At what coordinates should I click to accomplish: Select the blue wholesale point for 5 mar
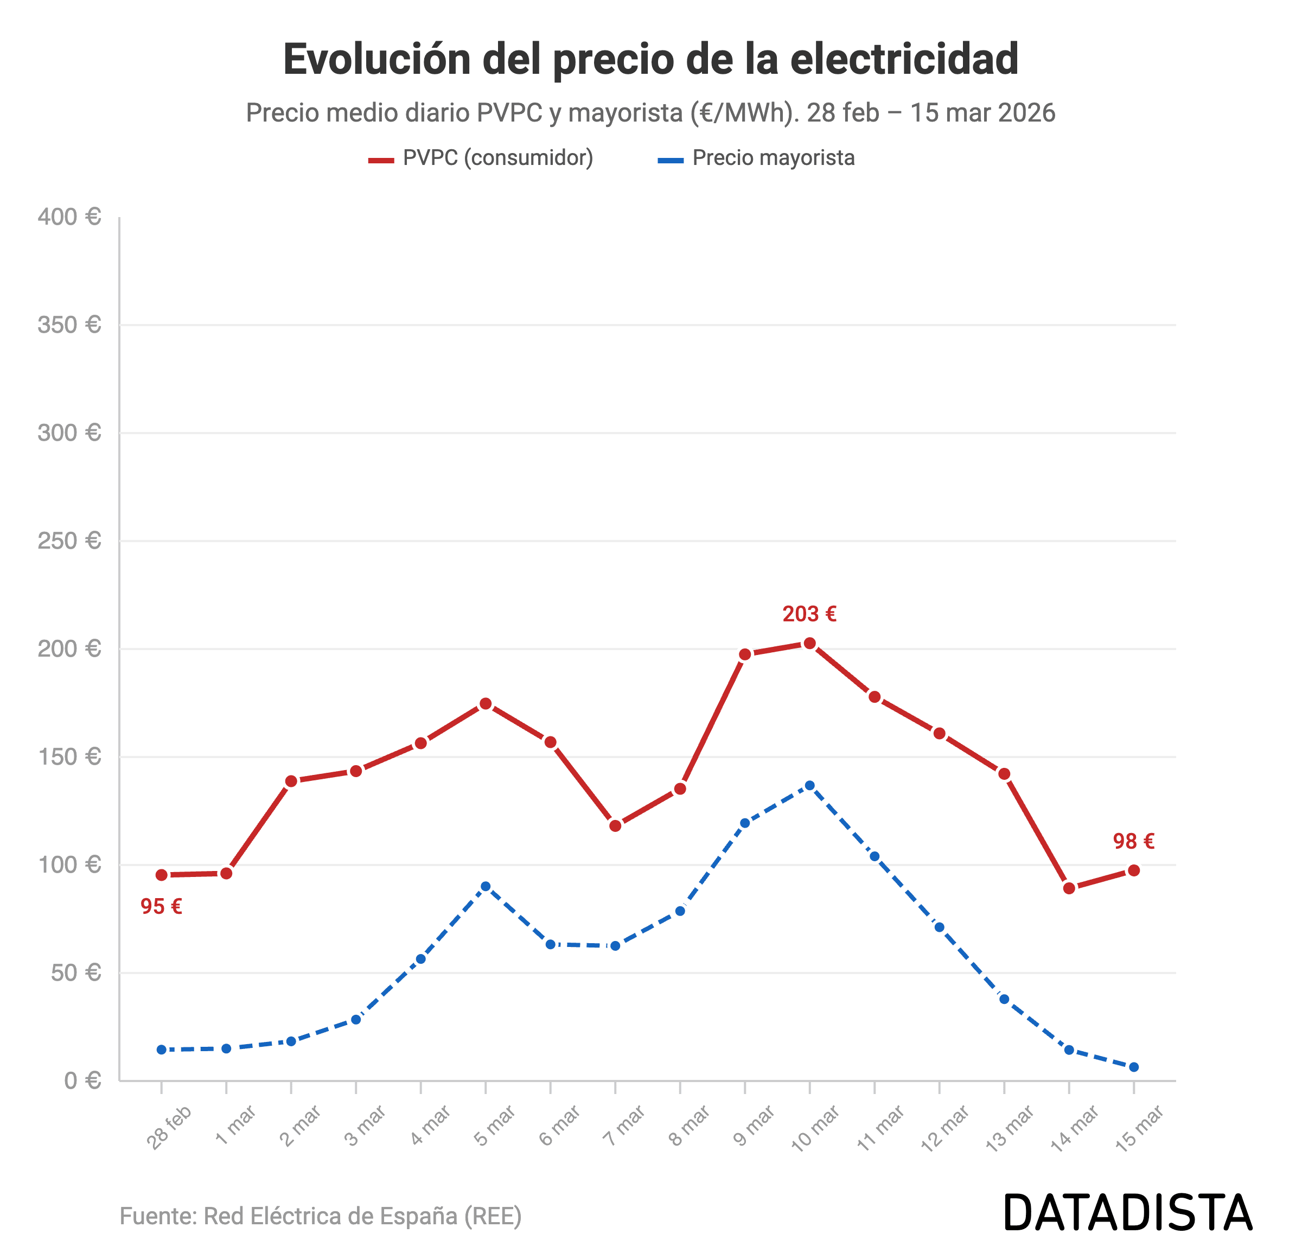tap(486, 886)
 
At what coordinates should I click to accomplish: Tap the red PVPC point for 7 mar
tap(615, 826)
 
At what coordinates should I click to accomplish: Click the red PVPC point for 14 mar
tap(1069, 888)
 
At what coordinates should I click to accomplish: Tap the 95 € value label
tap(162, 906)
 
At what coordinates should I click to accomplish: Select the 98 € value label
tap(1133, 841)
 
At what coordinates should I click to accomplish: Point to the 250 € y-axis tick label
tap(69, 541)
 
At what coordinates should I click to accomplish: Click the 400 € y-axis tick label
tap(69, 217)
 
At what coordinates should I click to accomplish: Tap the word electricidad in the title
tap(904, 59)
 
